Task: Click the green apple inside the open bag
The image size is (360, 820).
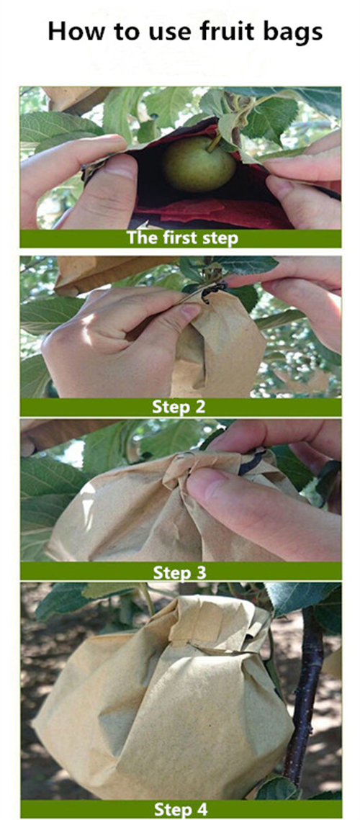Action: point(199,164)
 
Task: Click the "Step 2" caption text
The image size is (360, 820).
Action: point(179,406)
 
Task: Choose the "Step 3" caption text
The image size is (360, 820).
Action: point(179,573)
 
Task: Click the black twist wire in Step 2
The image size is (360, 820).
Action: point(213,291)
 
